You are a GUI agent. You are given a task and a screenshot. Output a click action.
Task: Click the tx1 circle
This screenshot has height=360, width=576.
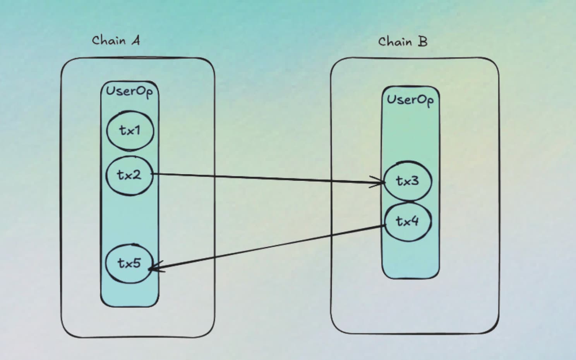pyautogui.click(x=130, y=131)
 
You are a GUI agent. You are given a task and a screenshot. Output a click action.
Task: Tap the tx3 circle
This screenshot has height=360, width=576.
pyautogui.click(x=407, y=181)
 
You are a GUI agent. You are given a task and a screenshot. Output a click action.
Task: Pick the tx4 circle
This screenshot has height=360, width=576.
pyautogui.click(x=407, y=221)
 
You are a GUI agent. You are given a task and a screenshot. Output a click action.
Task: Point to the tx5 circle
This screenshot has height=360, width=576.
pyautogui.click(x=129, y=263)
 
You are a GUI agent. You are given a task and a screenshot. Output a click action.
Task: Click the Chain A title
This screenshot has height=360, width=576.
pyautogui.click(x=116, y=40)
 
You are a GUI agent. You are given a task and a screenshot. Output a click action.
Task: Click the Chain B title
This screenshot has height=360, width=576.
pyautogui.click(x=403, y=41)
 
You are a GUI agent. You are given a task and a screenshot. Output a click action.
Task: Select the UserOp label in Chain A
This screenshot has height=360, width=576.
pyautogui.click(x=129, y=92)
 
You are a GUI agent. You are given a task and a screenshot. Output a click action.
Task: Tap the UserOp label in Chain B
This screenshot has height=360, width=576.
pyautogui.click(x=410, y=100)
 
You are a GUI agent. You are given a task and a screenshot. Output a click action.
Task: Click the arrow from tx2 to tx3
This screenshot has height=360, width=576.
pyautogui.click(x=267, y=178)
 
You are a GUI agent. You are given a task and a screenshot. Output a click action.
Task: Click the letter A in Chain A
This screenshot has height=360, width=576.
pyautogui.click(x=135, y=40)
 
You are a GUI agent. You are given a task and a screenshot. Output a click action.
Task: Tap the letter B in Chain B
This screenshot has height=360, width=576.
pyautogui.click(x=423, y=41)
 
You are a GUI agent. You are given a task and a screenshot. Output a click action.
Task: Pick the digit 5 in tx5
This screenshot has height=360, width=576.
pyautogui.click(x=136, y=263)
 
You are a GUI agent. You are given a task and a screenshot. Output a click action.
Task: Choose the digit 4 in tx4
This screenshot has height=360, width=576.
pyautogui.click(x=414, y=221)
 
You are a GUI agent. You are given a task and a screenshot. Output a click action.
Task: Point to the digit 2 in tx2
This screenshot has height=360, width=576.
pyautogui.click(x=136, y=175)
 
